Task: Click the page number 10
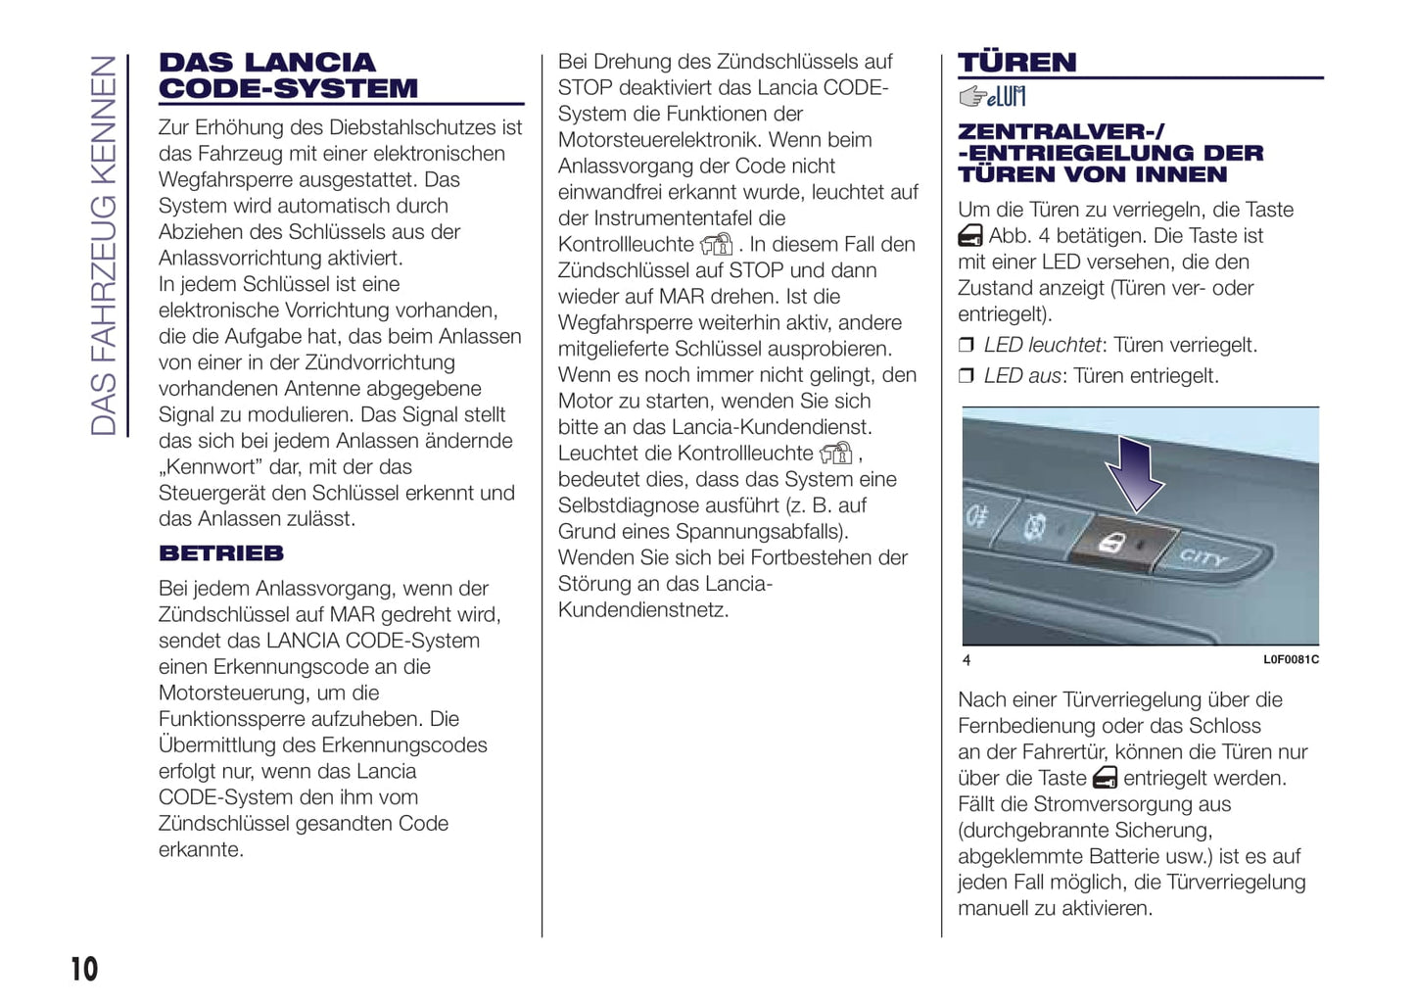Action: click(84, 969)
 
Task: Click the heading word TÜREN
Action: click(1016, 63)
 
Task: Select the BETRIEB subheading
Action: click(221, 553)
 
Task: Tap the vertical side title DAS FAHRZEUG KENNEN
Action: click(104, 245)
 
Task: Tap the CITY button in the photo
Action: click(1203, 558)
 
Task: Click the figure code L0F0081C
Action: click(1290, 660)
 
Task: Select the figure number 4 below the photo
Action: click(967, 660)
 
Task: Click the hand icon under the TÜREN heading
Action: click(991, 96)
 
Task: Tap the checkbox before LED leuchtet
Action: click(967, 345)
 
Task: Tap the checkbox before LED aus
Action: click(967, 376)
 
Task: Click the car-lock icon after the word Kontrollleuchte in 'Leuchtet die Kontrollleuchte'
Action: click(836, 454)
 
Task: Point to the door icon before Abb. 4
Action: click(970, 236)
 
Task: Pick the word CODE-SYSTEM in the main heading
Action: click(288, 89)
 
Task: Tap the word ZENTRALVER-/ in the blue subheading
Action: click(1061, 131)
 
